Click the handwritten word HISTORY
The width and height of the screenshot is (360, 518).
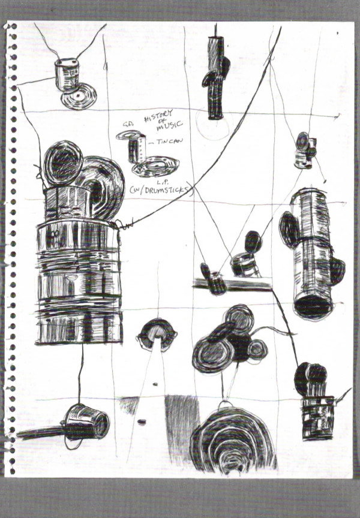coord(158,118)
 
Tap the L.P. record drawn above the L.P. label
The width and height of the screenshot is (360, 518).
coord(155,165)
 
